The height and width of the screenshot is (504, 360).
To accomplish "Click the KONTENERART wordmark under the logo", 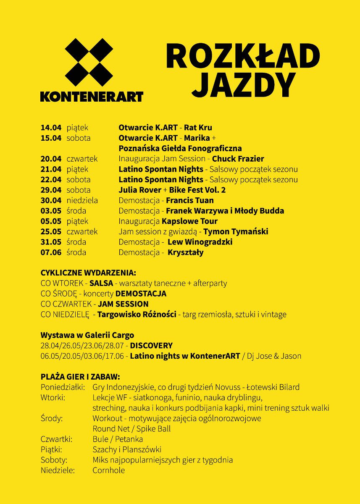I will [92, 96].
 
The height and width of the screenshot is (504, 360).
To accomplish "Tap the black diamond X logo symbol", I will [89, 62].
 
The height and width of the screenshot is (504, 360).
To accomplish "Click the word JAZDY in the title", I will [244, 84].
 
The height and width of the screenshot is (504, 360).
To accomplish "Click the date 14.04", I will [51, 128].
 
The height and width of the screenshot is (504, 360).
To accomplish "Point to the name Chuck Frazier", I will [238, 159].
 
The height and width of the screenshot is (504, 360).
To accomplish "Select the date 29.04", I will [51, 190].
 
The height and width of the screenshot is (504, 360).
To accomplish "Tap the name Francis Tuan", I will [190, 200].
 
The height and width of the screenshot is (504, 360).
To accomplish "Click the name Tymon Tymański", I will [236, 231].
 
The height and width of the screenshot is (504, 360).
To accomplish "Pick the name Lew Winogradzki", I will [200, 242].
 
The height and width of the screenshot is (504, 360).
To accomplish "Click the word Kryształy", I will [186, 252].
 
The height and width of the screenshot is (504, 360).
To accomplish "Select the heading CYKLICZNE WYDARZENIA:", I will [88, 273].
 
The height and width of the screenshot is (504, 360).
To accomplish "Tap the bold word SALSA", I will [101, 283].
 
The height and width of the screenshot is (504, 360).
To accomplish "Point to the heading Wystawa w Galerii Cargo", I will [87, 335].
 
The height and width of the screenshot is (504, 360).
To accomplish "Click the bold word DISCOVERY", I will [151, 346].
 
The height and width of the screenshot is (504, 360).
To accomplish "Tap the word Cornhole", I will [108, 470].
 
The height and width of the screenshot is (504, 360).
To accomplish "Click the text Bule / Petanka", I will [118, 439].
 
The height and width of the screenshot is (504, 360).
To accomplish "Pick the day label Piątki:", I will [52, 449].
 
